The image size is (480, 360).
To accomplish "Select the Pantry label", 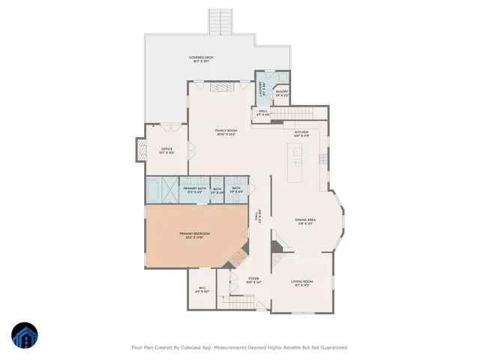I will point(281,93).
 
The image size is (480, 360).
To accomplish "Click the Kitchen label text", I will point(301,133).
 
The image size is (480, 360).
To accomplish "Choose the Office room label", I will point(166,150).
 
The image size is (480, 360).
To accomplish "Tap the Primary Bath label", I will point(193,190).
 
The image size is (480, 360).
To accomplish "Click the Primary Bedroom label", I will point(193,235).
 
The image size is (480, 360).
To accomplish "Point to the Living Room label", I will point(301,283).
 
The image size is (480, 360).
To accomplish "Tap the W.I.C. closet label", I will point(202,289).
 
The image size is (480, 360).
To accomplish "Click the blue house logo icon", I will point(25,334).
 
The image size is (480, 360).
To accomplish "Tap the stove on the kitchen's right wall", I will point(323,158).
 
